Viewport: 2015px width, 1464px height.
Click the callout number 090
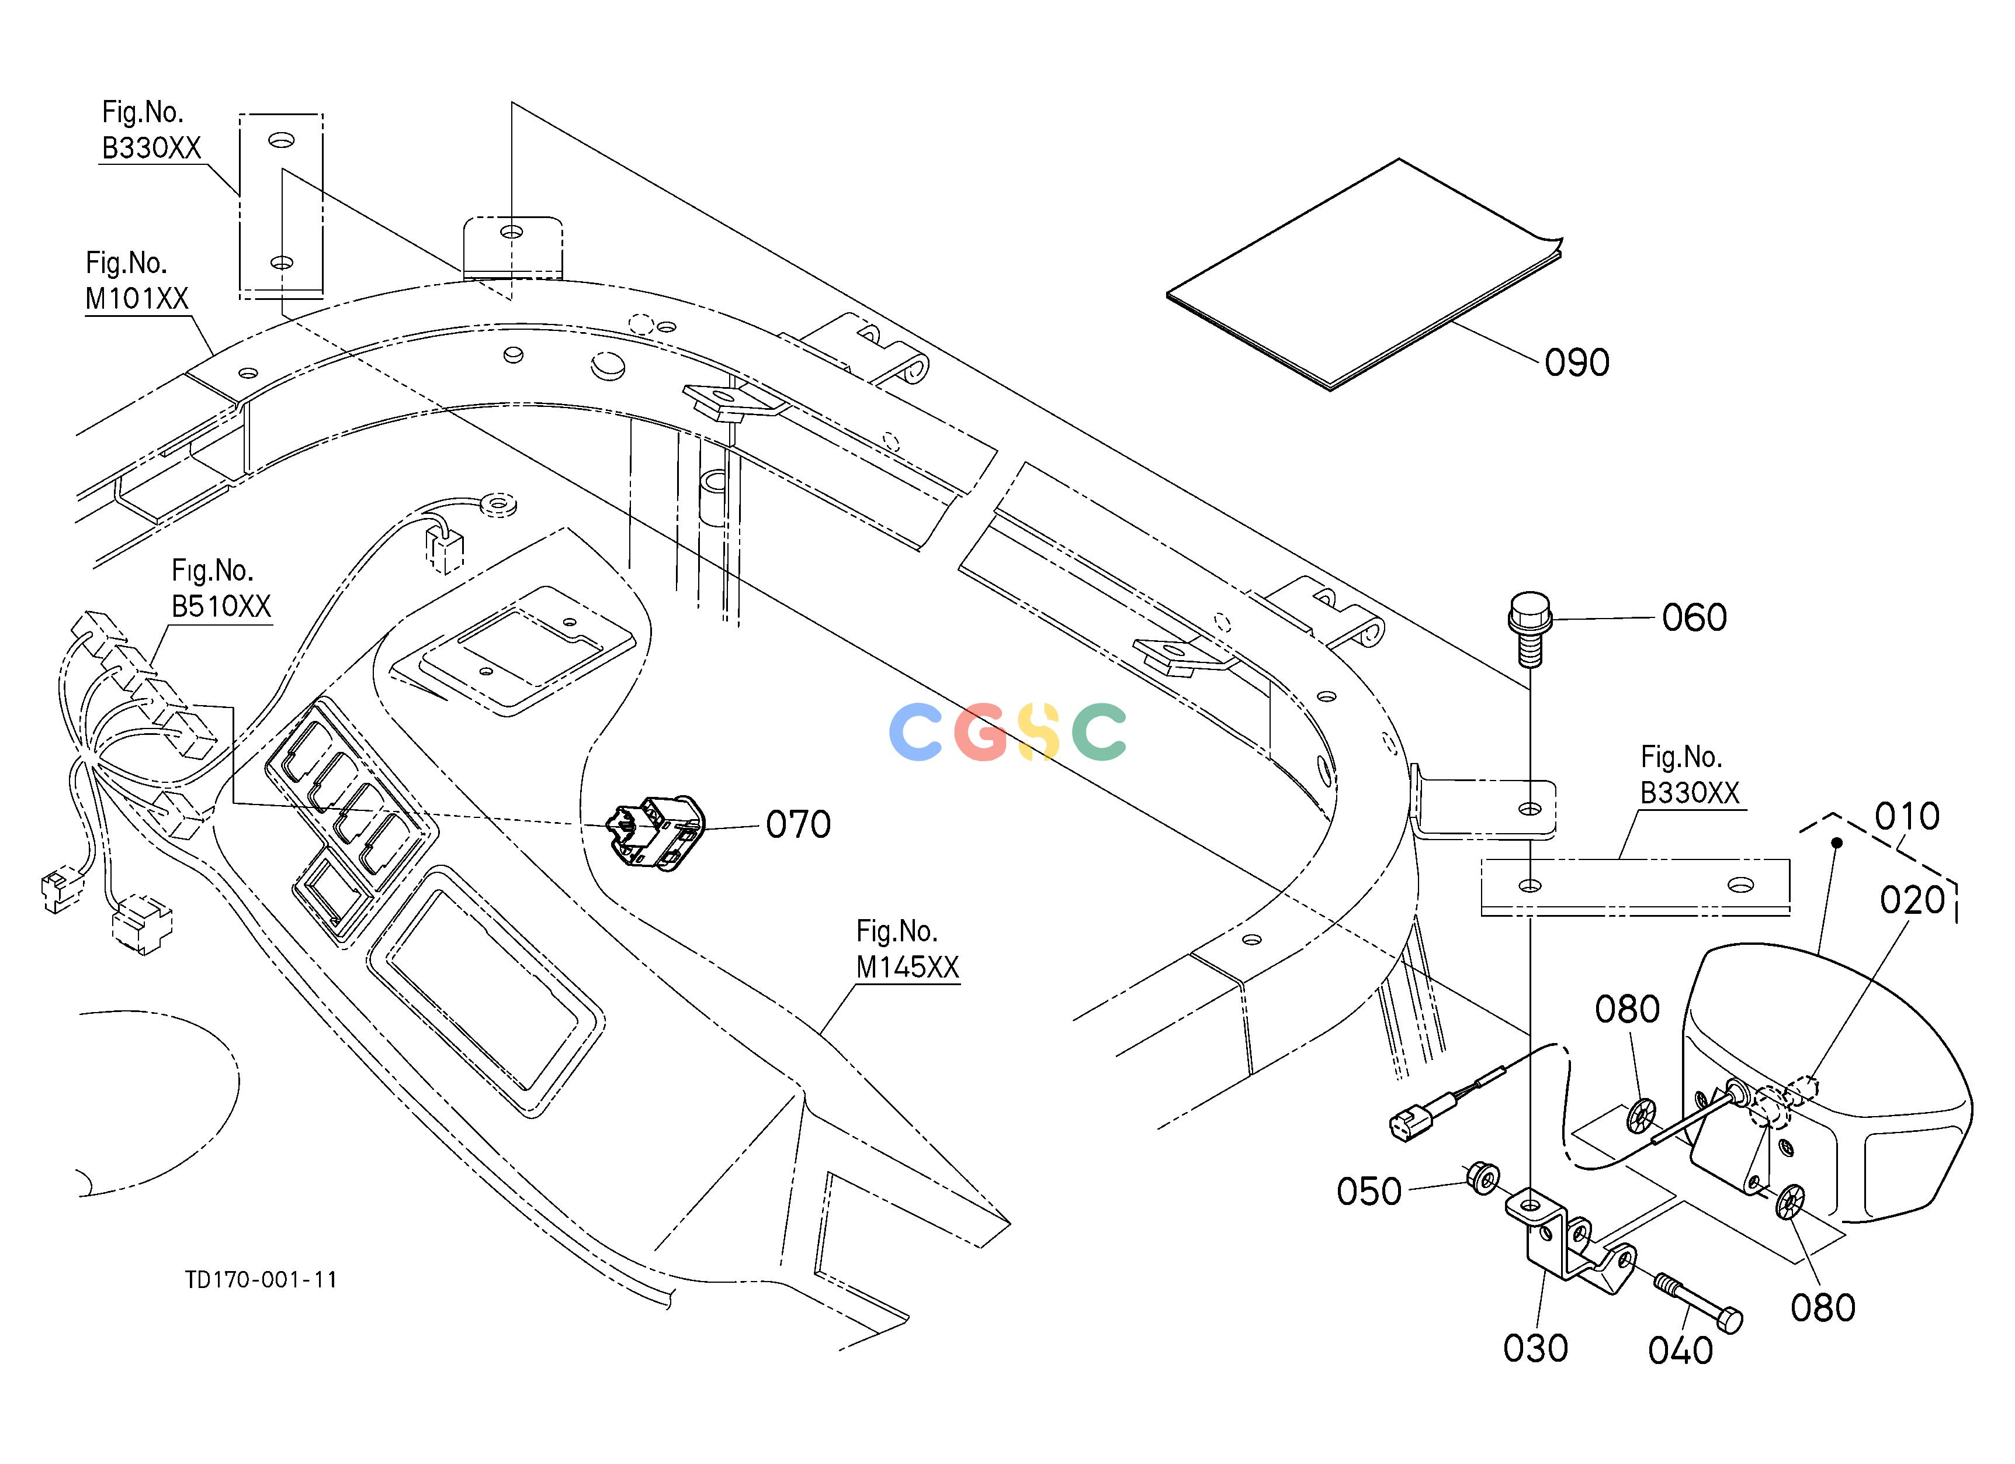point(1577,362)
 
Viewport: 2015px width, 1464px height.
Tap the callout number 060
point(1694,618)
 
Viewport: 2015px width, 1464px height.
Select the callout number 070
point(799,825)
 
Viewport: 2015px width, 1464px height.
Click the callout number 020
point(1913,900)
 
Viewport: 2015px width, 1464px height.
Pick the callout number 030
point(1536,1348)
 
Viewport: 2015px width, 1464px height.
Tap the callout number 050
point(1369,1192)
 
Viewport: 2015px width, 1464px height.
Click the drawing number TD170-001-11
point(261,1280)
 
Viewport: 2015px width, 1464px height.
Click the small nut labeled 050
point(1483,1177)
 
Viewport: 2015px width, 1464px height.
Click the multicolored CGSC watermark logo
point(1007,733)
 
